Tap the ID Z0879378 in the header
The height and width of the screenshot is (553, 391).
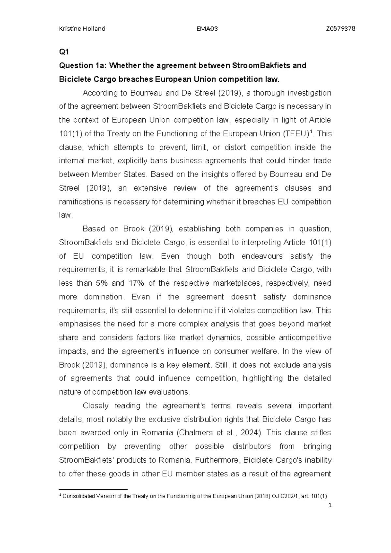click(340, 29)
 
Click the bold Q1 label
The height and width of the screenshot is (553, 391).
click(63, 52)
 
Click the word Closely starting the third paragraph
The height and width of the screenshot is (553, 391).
click(95, 406)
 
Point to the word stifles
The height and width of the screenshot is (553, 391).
click(319, 433)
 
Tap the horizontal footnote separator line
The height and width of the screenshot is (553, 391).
click(93, 489)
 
